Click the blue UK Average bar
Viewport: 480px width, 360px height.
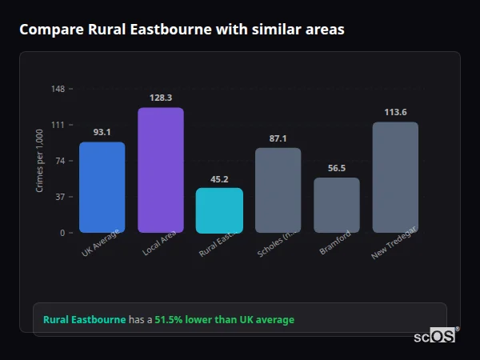click(x=102, y=187)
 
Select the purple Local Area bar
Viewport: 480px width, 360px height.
click(x=161, y=170)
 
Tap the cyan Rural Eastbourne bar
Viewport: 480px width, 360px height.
click(x=219, y=210)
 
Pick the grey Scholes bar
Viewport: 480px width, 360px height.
click(x=278, y=190)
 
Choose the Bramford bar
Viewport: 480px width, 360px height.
click(x=337, y=205)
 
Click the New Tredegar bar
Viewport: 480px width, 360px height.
click(x=395, y=177)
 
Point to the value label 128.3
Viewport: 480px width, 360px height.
click(x=161, y=98)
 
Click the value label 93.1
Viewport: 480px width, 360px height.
click(x=102, y=132)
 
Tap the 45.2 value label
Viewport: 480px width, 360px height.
click(x=219, y=179)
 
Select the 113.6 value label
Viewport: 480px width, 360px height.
click(x=395, y=112)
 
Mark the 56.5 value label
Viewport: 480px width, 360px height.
click(x=337, y=168)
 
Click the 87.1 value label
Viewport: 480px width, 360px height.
click(x=278, y=138)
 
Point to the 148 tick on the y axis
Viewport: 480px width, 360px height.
click(x=58, y=89)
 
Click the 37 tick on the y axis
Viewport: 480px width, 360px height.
click(x=61, y=197)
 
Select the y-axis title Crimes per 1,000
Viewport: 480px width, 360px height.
click(x=40, y=161)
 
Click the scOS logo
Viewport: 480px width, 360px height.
click(x=434, y=336)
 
